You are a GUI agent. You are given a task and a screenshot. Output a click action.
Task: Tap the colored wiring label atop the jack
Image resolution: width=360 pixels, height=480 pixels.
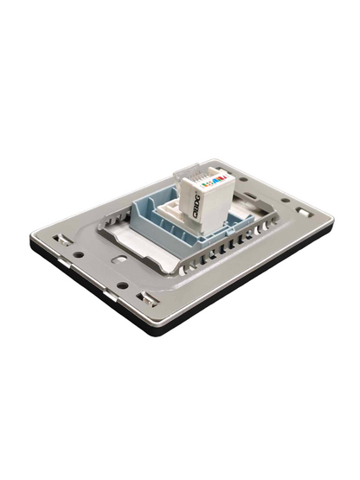pyautogui.click(x=212, y=182)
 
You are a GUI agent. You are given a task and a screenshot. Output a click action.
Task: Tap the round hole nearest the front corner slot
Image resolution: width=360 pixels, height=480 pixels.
pyautogui.click(x=122, y=285)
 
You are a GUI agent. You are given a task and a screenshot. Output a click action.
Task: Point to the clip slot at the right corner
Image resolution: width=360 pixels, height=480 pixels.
pyautogui.click(x=301, y=210)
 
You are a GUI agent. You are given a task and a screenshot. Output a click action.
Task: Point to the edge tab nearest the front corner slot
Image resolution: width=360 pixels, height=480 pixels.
pyautogui.click(x=108, y=295)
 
